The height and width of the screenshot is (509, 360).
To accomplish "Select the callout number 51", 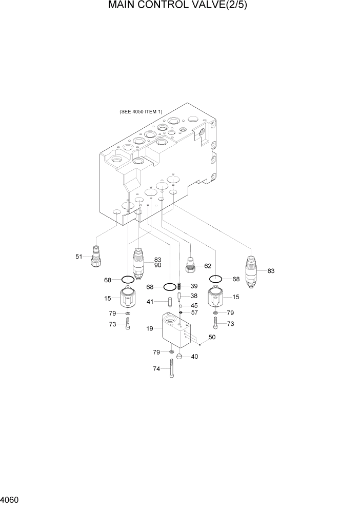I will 79,257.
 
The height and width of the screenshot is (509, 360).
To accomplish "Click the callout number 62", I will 208,266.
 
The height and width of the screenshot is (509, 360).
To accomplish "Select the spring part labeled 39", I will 179,286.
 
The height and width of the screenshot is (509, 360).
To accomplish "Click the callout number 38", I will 194,296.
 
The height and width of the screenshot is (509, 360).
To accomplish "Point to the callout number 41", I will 150,302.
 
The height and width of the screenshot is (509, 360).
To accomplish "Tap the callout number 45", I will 194,306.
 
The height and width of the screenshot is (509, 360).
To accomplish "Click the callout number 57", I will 194,312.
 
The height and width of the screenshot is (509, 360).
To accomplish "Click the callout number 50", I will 212,337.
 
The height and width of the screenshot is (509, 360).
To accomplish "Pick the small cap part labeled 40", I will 179,356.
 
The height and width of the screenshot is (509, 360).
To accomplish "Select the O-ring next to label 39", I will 170,287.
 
